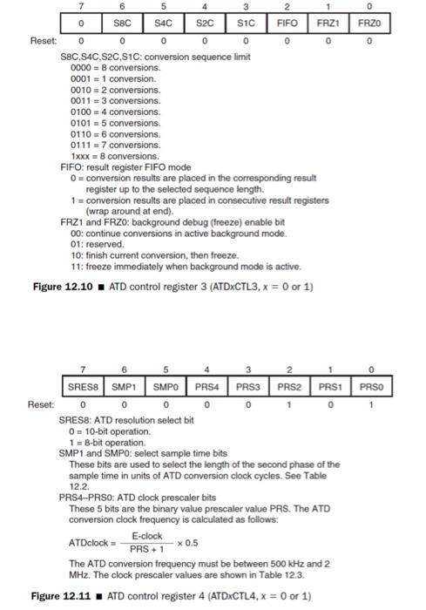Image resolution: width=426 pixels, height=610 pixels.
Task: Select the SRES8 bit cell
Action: [x=84, y=386]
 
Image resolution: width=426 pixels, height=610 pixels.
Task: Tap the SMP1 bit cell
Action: [x=124, y=386]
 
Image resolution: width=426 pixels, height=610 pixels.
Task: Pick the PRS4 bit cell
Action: [x=206, y=386]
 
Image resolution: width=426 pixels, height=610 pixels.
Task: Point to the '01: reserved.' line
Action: [x=97, y=245]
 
